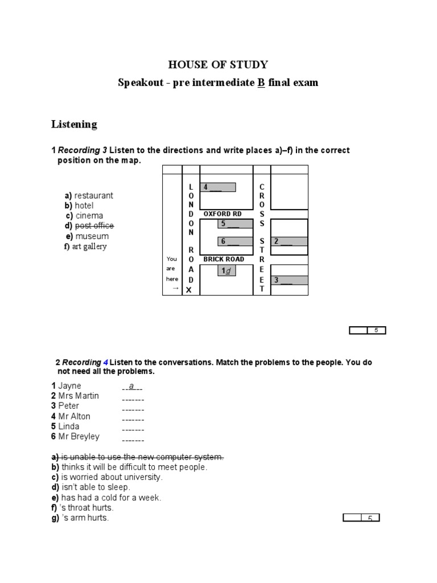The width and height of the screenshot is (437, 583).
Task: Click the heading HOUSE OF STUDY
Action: pos(218,64)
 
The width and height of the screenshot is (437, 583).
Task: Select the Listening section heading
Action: pos(74,124)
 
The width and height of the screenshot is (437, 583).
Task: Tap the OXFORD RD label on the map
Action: pos(222,214)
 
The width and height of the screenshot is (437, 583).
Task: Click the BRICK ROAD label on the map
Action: pos(224,259)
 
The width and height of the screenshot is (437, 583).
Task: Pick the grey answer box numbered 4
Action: pos(218,187)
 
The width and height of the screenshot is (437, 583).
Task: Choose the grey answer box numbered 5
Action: pos(236,224)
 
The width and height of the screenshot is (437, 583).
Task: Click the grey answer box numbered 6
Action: pos(236,241)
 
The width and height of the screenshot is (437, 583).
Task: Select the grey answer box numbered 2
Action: pos(289,241)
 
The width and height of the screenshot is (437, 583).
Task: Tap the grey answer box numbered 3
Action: pos(289,280)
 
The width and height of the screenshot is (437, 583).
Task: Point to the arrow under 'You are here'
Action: pos(176,289)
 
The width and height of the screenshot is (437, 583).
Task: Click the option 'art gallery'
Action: pos(90,247)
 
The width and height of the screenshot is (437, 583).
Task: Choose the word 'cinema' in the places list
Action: pos(89,216)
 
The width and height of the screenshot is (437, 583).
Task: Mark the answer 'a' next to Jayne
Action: pos(131,386)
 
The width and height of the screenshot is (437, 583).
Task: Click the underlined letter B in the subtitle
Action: pos(261,83)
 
